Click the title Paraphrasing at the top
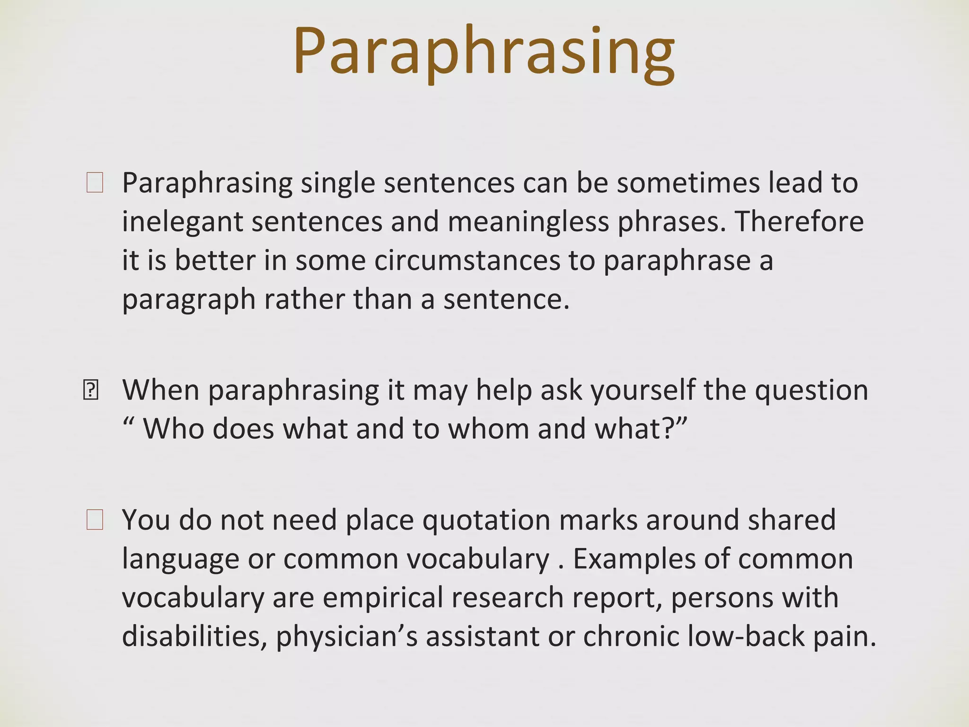click(484, 52)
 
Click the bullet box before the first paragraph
click(95, 183)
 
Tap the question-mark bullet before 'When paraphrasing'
click(90, 390)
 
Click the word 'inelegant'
click(182, 222)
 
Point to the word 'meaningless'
click(528, 222)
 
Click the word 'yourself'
click(643, 391)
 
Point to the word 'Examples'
click(634, 559)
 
